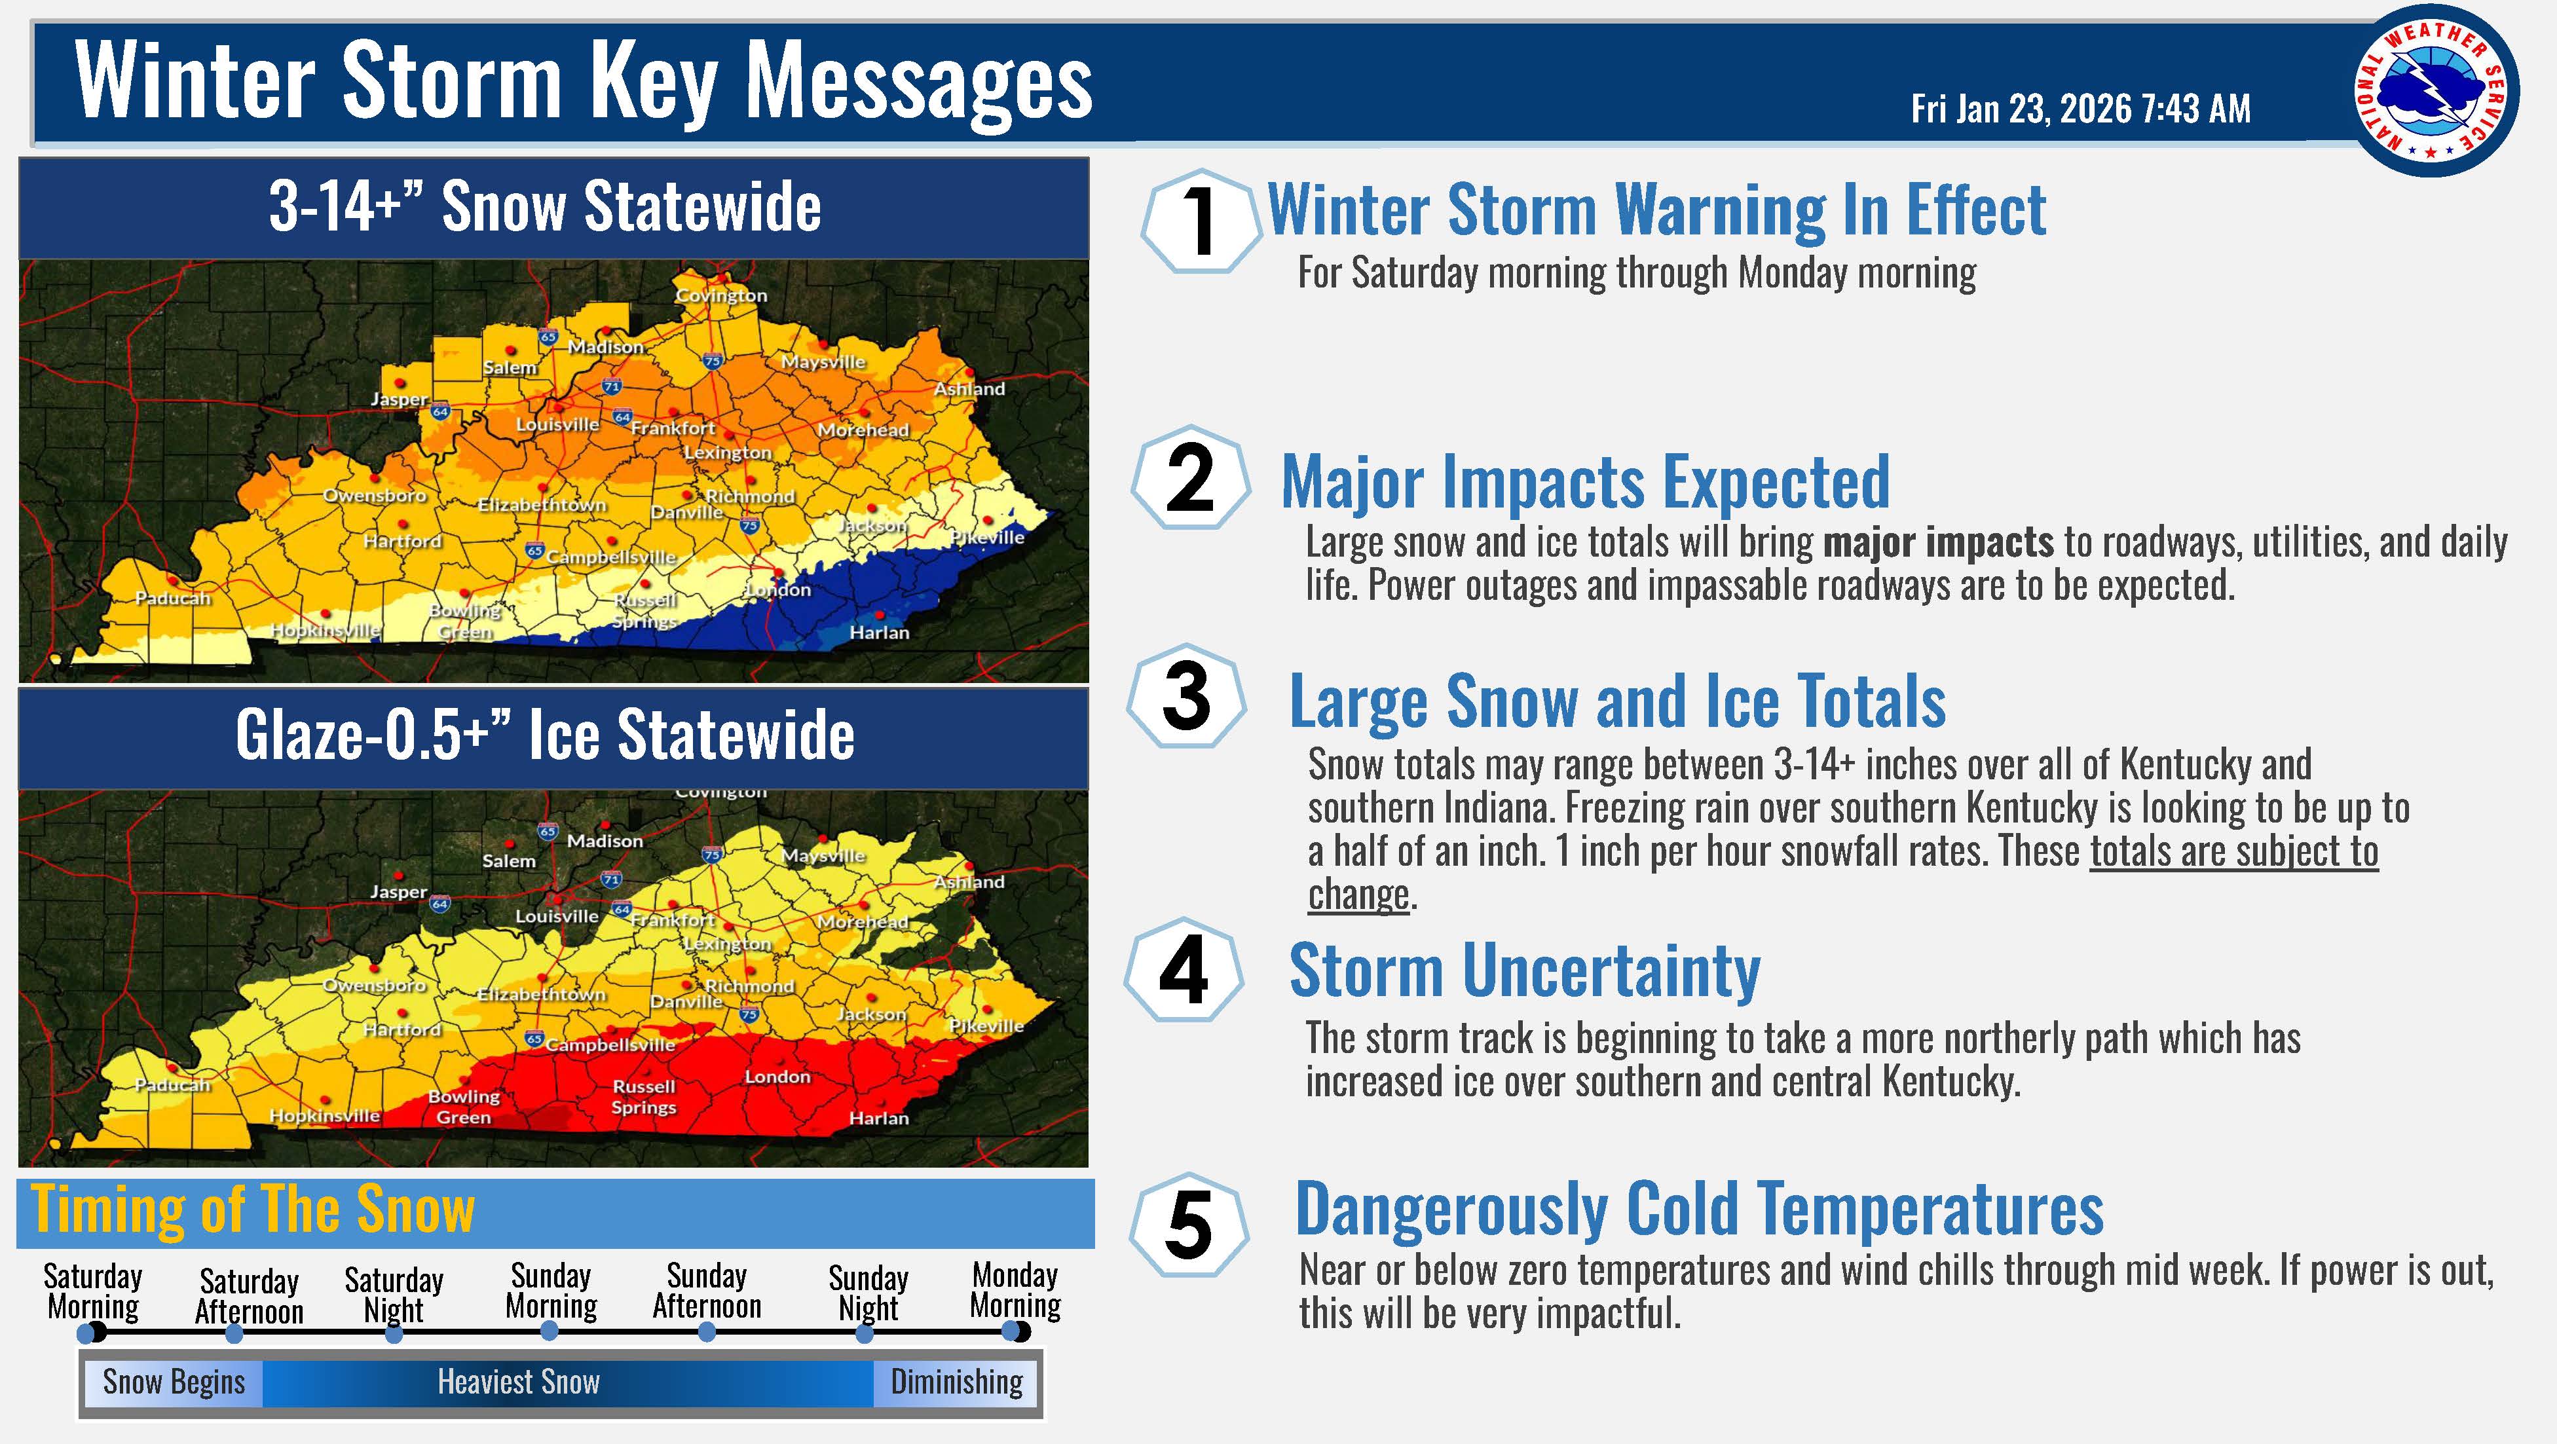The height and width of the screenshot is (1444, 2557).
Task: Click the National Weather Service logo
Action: [2435, 91]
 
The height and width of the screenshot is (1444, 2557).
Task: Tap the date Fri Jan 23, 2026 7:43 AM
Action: [2081, 108]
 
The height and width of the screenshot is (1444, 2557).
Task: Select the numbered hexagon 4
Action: [1184, 970]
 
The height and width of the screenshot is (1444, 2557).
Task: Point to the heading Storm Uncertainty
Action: [1525, 970]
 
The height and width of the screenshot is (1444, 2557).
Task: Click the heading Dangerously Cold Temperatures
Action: [1700, 1209]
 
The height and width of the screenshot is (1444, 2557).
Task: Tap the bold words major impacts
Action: [1939, 542]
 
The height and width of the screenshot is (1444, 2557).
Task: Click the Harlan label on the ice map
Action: [878, 1119]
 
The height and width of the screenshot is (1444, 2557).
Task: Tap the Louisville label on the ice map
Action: [557, 916]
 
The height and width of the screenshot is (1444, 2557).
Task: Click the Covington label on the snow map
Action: [720, 296]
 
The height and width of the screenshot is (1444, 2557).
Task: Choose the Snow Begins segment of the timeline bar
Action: [174, 1382]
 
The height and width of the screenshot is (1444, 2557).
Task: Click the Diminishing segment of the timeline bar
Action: [956, 1382]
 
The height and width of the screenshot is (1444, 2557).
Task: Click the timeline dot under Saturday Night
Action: [394, 1335]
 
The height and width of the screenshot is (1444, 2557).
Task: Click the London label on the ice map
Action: [777, 1077]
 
